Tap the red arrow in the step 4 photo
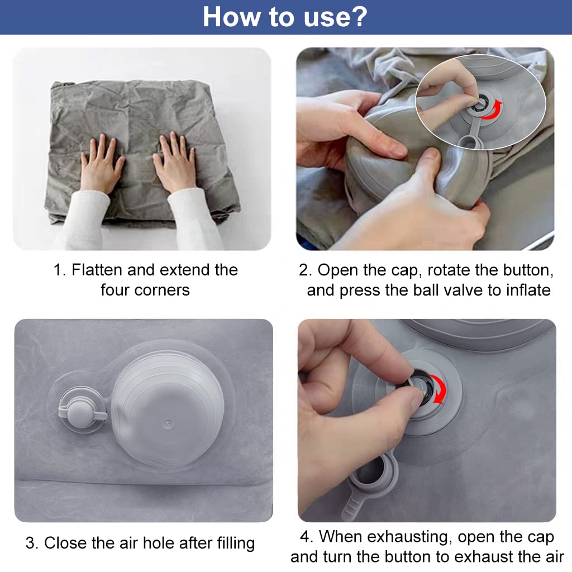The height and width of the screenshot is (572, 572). coord(439,389)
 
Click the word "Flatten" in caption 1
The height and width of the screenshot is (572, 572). coord(97,270)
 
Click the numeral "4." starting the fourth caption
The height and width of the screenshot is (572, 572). coord(307,537)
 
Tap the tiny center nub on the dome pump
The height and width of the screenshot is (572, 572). coord(168,423)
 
